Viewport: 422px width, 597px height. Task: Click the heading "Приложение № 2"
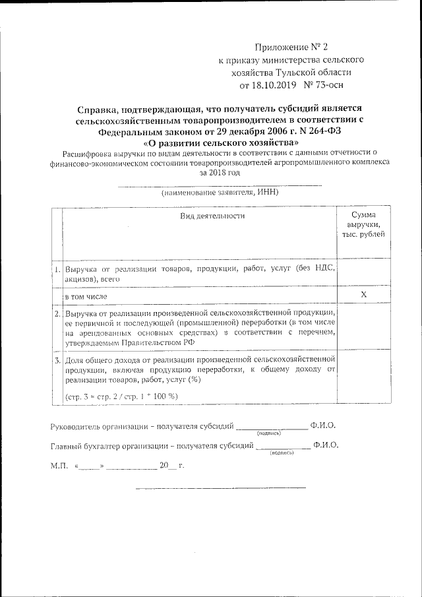point(291,47)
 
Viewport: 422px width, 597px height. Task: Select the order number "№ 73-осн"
point(323,85)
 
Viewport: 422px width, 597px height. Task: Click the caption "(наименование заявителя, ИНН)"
point(220,193)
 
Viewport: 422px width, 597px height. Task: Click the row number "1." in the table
point(57,270)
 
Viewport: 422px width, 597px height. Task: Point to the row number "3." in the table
point(57,361)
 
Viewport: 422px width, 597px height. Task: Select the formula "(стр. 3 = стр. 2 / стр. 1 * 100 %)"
point(121,396)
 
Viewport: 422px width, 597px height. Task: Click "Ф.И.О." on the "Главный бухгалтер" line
point(326,447)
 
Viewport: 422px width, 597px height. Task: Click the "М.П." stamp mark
point(59,466)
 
